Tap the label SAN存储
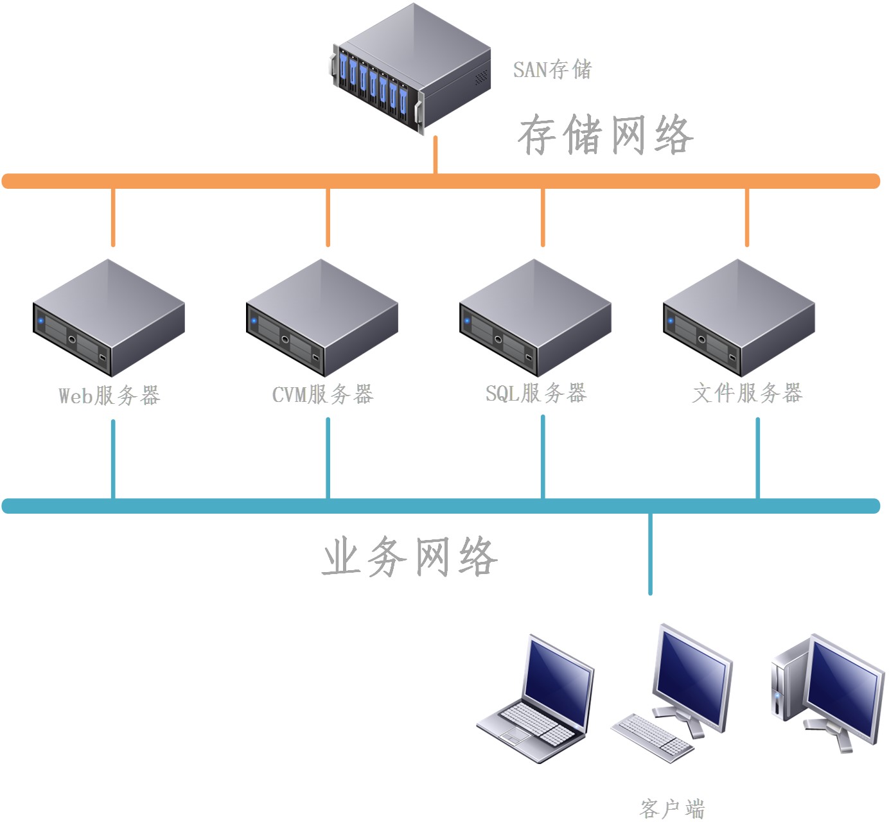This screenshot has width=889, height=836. click(552, 69)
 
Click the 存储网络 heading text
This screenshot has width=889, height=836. click(605, 135)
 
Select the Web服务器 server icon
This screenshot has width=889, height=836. click(109, 318)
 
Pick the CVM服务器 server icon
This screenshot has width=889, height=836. click(322, 318)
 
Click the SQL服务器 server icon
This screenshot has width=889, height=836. click(535, 318)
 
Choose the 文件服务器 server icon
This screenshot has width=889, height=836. click(739, 318)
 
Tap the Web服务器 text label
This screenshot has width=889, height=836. click(109, 396)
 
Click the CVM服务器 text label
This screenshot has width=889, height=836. click(322, 394)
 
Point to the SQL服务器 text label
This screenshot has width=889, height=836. click(536, 393)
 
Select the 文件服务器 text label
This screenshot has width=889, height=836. click(747, 393)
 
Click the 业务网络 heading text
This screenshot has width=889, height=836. click(409, 557)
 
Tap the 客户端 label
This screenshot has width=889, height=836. click(672, 808)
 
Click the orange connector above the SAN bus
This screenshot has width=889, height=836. click(436, 155)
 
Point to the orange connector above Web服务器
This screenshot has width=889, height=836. click(113, 217)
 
